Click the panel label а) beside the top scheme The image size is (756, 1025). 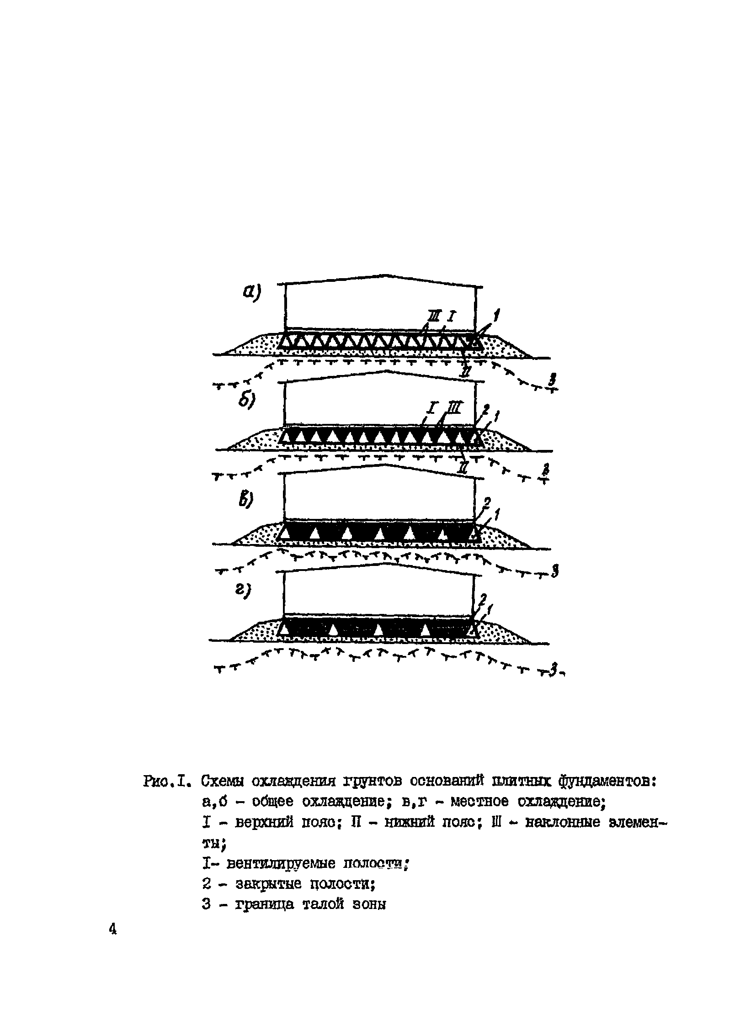[251, 291]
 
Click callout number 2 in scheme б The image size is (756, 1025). [486, 408]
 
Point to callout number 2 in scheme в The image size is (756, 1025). [486, 503]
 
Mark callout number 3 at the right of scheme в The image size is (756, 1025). [554, 571]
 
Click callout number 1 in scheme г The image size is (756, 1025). [490, 609]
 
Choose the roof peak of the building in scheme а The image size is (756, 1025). [387, 275]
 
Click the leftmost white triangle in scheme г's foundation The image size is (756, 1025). [285, 630]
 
